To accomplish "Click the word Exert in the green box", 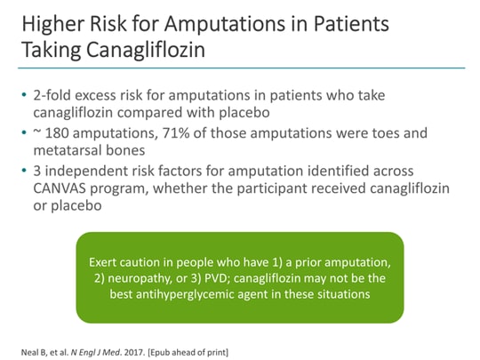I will point(106,263).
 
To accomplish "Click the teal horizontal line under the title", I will point(240,68).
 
